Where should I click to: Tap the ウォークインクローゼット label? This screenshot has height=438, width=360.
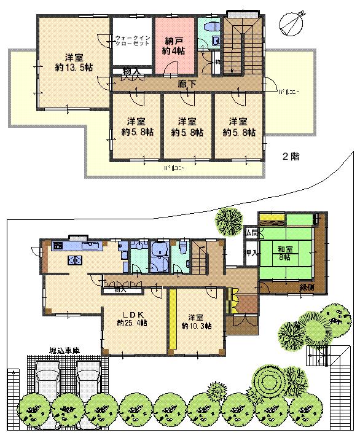point(131,42)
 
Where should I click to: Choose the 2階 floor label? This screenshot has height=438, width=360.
point(291,156)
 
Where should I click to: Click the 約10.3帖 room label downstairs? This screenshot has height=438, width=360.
point(197,321)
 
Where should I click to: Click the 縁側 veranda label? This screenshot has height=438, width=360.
point(308,287)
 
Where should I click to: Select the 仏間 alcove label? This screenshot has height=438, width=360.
point(252,233)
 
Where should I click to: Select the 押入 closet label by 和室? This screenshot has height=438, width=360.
point(252,252)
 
